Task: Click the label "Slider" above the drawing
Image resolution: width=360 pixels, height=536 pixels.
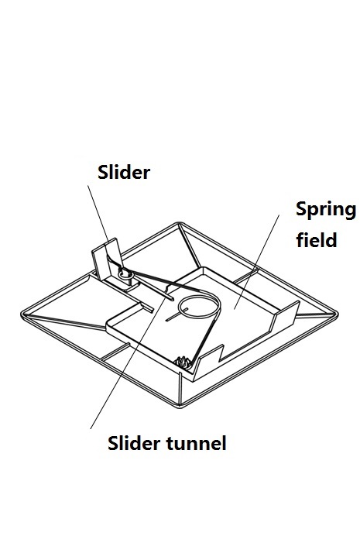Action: point(124,172)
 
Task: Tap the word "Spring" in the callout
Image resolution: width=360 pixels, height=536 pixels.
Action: point(326,209)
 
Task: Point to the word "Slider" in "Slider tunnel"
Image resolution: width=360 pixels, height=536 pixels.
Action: point(134,443)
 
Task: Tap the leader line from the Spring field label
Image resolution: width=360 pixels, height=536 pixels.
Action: point(256,262)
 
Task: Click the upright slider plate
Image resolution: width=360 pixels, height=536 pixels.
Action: point(107,258)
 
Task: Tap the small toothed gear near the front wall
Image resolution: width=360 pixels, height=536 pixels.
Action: point(183,362)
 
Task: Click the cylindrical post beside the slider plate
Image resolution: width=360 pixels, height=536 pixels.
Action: point(125,276)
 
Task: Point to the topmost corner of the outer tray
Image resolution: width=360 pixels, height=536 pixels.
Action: point(180,223)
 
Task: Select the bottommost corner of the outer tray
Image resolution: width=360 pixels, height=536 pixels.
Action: point(180,407)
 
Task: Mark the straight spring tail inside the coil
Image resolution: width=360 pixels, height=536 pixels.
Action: point(177,314)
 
